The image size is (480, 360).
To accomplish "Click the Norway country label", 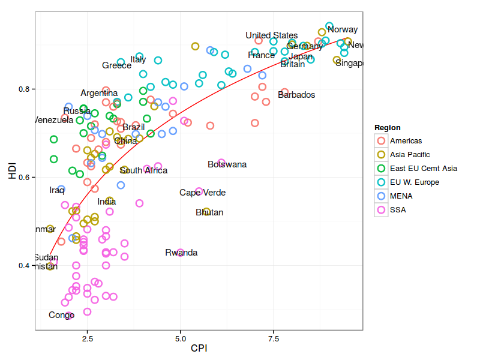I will coord(343,29).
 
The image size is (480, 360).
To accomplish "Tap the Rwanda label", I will coord(181,253).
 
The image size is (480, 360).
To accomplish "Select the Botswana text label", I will coord(227,164).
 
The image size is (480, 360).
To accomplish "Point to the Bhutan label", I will coord(209,212).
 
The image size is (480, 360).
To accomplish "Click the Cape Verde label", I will coord(203,193).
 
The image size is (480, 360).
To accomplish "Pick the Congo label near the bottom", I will coord(62,315).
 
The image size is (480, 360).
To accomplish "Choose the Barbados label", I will coord(296,95).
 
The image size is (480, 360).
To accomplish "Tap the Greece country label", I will coord(116,65).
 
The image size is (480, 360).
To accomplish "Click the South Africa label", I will coord(143,170).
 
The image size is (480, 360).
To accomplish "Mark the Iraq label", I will coord(57,190).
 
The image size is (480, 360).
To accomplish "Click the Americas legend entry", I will coord(406,141).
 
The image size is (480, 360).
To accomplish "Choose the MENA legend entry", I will coord(401,196).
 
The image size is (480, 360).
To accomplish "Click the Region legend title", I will coord(388,128).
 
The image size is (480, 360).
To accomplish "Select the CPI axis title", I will coord(199,349).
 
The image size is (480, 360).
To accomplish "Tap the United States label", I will coord(271,35).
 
